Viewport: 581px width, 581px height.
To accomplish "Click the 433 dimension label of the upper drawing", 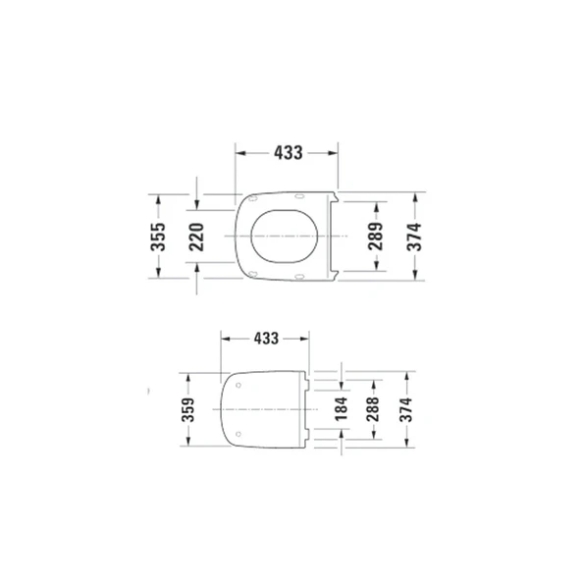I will coord(288,153).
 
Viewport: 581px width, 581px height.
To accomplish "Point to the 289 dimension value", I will coord(374,236).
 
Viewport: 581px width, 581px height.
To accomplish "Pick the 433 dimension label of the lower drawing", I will coord(266,337).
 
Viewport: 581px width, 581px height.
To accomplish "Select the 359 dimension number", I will coord(189,408).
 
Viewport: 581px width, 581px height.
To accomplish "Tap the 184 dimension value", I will coord(341,408).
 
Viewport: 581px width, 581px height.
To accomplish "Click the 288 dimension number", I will coord(373,408).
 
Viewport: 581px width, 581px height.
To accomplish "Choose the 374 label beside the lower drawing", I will coord(405,408).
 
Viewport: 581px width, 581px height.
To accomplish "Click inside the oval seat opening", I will coord(285,237).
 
